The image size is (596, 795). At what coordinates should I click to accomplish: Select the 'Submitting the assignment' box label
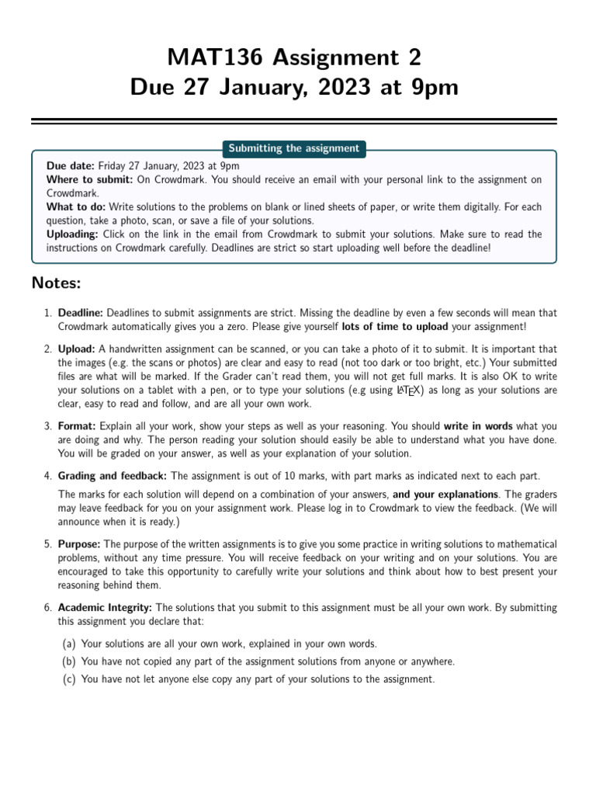click(293, 148)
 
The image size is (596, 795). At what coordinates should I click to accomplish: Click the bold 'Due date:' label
click(71, 166)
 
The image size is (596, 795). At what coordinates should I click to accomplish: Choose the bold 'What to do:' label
click(76, 207)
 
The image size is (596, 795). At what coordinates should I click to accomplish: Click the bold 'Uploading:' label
click(73, 234)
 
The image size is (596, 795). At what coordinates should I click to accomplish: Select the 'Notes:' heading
click(56, 282)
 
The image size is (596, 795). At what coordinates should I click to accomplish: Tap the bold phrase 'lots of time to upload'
click(395, 327)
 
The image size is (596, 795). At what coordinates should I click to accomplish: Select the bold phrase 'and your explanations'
click(445, 494)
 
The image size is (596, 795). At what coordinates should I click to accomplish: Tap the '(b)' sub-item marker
click(69, 661)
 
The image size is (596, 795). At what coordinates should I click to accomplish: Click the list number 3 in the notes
click(47, 426)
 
